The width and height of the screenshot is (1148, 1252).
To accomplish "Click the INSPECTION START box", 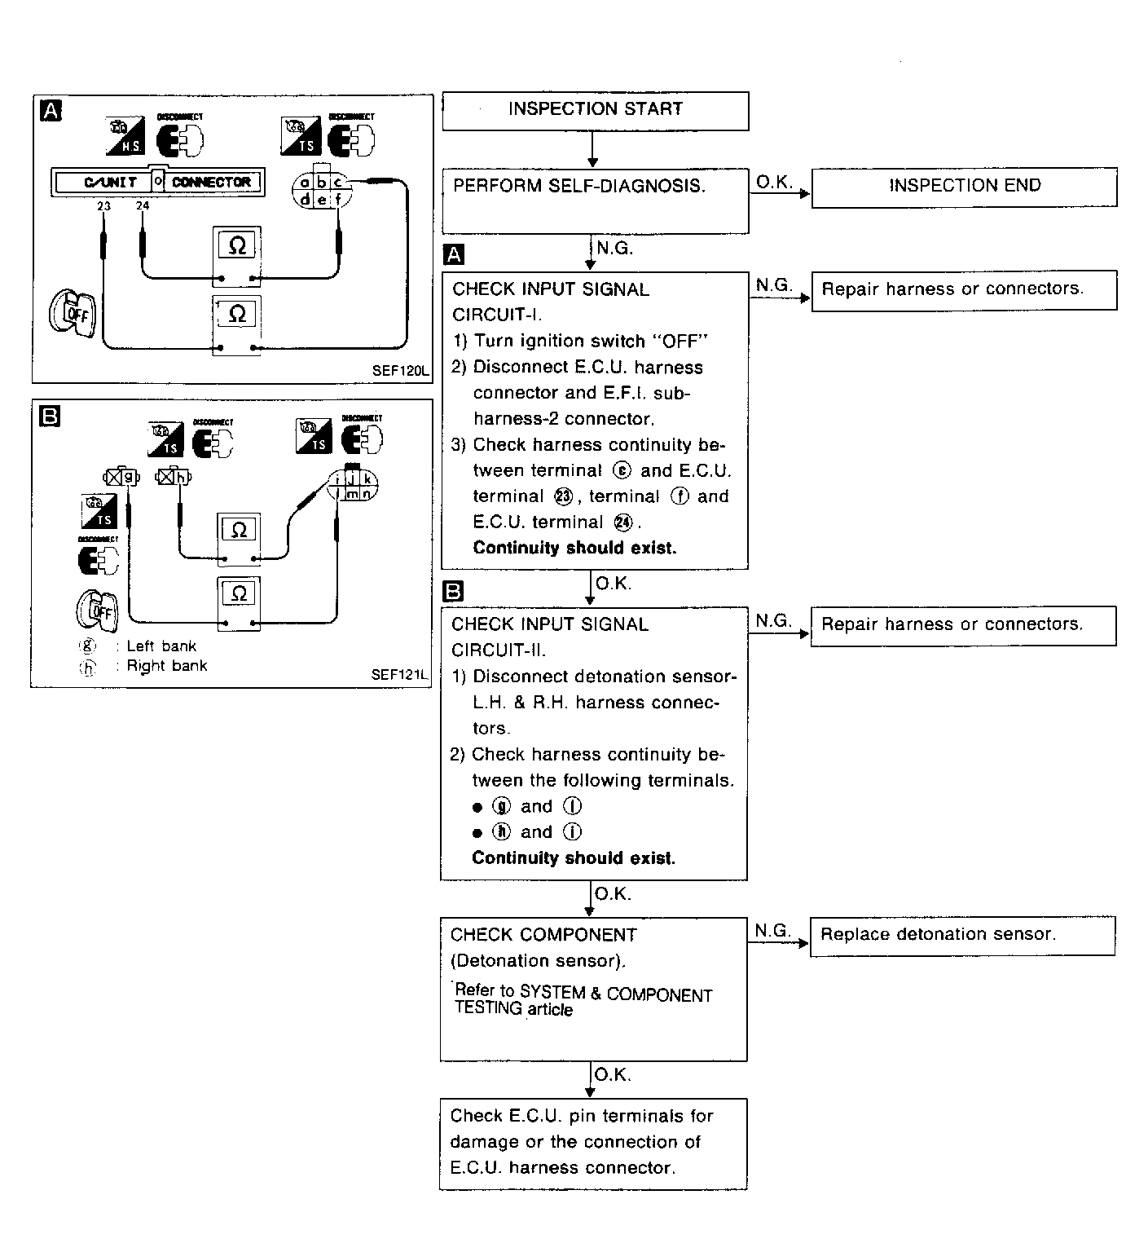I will tap(595, 110).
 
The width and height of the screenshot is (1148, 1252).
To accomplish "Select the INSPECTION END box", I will tap(964, 186).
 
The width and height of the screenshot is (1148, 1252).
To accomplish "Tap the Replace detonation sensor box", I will tap(962, 935).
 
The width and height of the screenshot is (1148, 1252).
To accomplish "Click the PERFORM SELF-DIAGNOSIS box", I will tap(595, 200).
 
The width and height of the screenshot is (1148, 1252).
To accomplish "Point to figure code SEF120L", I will tap(400, 370).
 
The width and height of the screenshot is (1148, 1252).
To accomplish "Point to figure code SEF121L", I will tap(399, 675).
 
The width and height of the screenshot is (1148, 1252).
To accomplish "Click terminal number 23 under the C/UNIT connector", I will tap(103, 206).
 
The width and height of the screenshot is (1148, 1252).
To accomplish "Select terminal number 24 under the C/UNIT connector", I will tap(143, 206).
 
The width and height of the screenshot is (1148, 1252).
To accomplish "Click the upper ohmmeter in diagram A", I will tap(237, 245).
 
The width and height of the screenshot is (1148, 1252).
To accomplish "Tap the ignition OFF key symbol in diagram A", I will tap(72, 313).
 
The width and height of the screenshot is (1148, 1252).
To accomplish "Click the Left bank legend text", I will tap(161, 646).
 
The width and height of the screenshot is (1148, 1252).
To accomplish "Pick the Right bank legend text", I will tap(166, 666).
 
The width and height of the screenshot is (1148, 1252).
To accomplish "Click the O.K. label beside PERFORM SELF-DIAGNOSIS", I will tap(774, 183).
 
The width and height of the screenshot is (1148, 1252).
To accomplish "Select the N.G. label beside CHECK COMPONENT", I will tap(772, 931).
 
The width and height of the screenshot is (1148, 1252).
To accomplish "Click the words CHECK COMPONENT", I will tap(543, 935).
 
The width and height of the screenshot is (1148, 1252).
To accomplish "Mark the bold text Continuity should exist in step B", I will tap(574, 858).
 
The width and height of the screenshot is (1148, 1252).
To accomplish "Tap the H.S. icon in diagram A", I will tap(125, 136).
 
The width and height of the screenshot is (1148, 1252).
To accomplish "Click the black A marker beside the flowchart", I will tap(454, 255).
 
